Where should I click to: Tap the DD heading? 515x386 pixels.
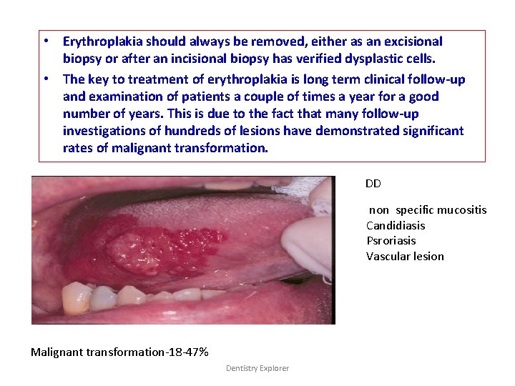[373, 184]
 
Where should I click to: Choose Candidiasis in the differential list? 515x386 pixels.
[396, 225]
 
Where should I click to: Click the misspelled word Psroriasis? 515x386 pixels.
[391, 241]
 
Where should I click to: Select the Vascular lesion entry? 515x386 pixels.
[405, 256]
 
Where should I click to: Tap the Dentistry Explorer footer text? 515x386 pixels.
[257, 368]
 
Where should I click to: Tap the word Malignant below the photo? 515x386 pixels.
[57, 352]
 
